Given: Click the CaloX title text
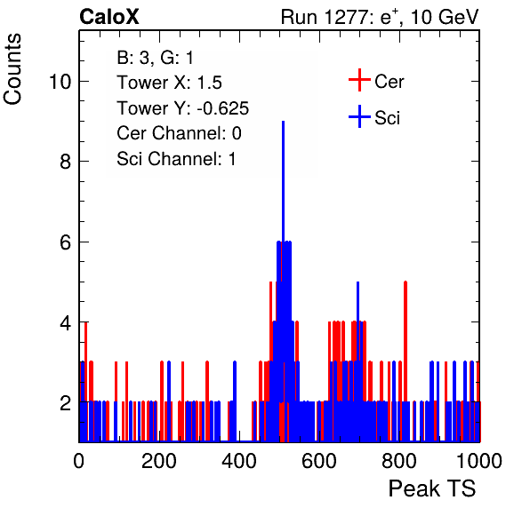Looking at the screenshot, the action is click(109, 17).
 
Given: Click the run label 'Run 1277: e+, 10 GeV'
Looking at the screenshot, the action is click(380, 17).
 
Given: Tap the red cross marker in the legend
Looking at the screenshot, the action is click(359, 80).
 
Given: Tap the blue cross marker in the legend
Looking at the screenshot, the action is click(359, 116).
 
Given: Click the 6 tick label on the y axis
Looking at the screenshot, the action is click(66, 242).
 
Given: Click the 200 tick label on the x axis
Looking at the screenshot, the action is click(159, 461).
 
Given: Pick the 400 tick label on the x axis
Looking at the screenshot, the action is click(239, 461).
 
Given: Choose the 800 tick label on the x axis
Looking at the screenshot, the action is click(399, 461).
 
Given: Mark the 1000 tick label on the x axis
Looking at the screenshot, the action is click(479, 461).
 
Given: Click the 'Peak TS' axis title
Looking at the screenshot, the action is click(432, 488).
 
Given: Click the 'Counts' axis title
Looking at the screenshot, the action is click(12, 69).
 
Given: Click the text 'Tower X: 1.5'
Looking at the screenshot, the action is click(169, 83).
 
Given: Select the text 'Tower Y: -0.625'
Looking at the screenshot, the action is click(183, 108).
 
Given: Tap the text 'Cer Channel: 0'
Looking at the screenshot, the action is click(179, 133).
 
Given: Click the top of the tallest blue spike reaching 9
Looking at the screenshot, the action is click(284, 122).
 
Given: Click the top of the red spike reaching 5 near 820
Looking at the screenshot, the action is click(406, 282).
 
